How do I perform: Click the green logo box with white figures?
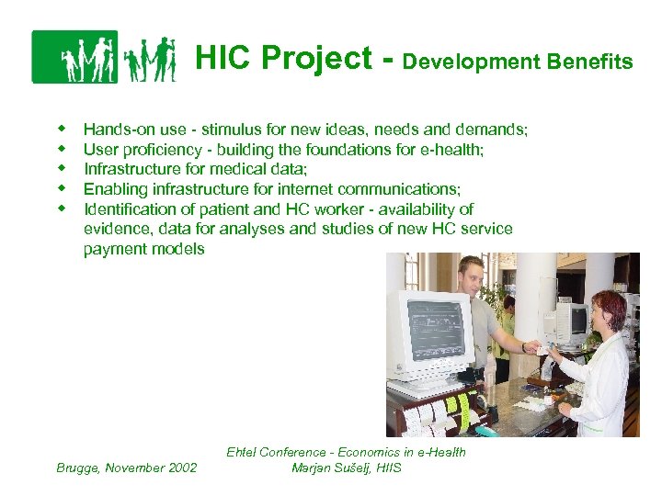point(74,57)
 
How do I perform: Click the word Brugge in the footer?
point(77,468)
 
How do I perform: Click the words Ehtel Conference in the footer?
point(275,452)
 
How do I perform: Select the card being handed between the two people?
point(542,349)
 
